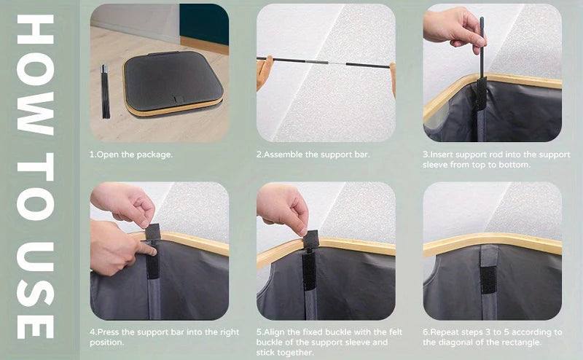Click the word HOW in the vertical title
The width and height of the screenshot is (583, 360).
tap(36, 75)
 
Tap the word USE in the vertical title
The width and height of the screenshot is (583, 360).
tap(36, 291)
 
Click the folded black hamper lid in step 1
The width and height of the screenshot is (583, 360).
tap(173, 82)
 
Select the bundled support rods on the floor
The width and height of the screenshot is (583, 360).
tap(106, 92)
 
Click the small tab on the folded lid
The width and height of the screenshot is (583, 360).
tap(179, 100)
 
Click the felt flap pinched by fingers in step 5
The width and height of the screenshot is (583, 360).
tap(312, 239)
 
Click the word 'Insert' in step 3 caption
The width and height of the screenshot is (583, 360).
tap(442, 154)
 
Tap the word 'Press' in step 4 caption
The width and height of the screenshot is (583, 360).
tap(108, 332)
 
